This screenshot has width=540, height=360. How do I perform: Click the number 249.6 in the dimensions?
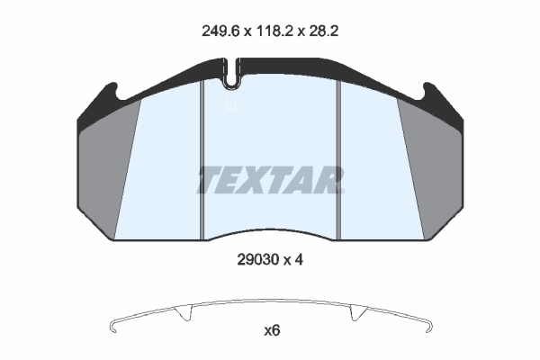tap(218, 30)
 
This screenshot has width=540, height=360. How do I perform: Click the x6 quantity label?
tap(272, 330)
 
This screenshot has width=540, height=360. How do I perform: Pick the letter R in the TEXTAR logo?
tap(329, 180)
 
